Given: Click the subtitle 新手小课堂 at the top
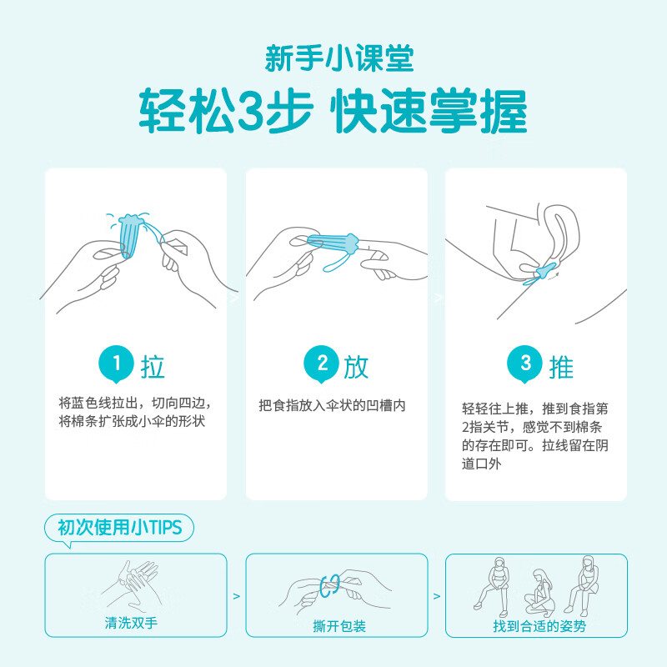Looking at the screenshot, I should pos(333,58).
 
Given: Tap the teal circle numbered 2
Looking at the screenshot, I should pos(321,364).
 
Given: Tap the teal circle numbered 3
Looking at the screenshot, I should pos(525,364).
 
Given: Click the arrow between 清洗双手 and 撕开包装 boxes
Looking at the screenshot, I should pos(235,597).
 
